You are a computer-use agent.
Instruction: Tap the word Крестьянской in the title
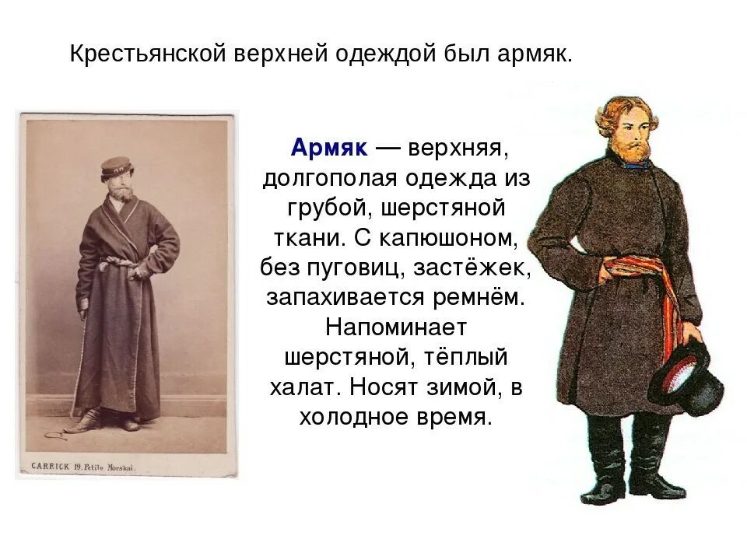pos(146,55)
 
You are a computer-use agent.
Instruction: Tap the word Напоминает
pos(395,327)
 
